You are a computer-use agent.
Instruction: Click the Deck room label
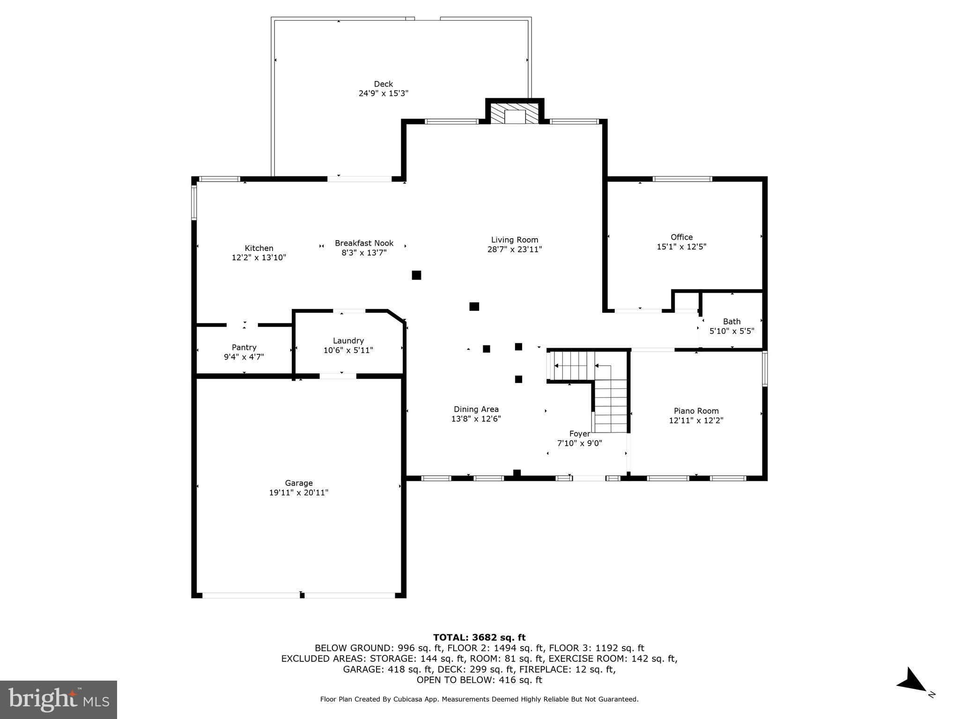click(x=383, y=84)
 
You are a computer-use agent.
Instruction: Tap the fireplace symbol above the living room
click(x=515, y=114)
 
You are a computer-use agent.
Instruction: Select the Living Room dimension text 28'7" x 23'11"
click(x=514, y=249)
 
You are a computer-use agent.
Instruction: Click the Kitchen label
click(x=259, y=248)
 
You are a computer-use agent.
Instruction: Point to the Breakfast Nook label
click(x=364, y=243)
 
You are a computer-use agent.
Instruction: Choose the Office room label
click(x=681, y=237)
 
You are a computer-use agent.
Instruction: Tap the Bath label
click(x=731, y=322)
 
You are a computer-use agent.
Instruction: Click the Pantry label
click(x=244, y=347)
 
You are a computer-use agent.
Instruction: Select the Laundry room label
click(x=348, y=341)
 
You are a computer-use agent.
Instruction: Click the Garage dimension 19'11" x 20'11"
click(x=299, y=492)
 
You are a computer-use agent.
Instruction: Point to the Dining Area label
click(x=476, y=409)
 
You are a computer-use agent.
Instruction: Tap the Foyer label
click(x=579, y=434)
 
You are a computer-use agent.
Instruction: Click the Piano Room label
click(x=696, y=411)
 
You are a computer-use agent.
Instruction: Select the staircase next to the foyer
click(x=610, y=398)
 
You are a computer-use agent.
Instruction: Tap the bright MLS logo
click(x=59, y=699)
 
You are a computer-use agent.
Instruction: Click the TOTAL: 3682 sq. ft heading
click(x=479, y=637)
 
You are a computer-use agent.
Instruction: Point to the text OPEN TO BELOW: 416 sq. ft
click(x=479, y=680)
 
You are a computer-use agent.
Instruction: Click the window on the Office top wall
click(x=682, y=179)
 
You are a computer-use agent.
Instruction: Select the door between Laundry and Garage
click(x=338, y=375)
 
